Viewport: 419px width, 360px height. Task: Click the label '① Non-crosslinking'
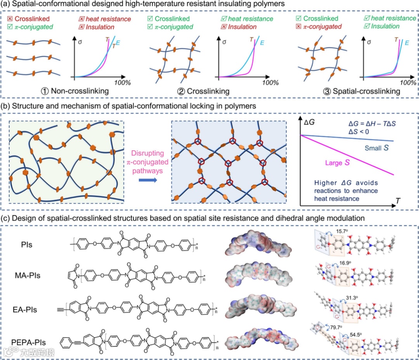click(76, 92)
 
